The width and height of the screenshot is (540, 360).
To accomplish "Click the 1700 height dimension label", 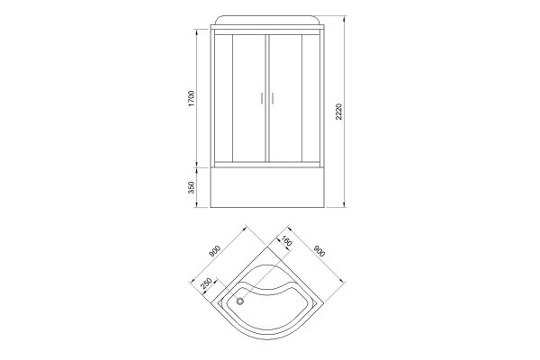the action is (192, 98).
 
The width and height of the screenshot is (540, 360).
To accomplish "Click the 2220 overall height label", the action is (338, 112).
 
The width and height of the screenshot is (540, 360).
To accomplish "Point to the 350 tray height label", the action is (192, 187).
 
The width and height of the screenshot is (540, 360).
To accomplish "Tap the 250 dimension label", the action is (206, 283).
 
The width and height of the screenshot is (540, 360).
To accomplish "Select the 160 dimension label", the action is (286, 241).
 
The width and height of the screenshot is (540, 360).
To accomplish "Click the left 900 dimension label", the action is (214, 251).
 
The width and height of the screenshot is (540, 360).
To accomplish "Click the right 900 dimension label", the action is (319, 251).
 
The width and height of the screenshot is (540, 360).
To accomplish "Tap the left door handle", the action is (261, 98).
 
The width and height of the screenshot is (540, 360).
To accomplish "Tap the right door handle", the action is (272, 98).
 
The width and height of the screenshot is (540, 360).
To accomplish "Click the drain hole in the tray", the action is (239, 301).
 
